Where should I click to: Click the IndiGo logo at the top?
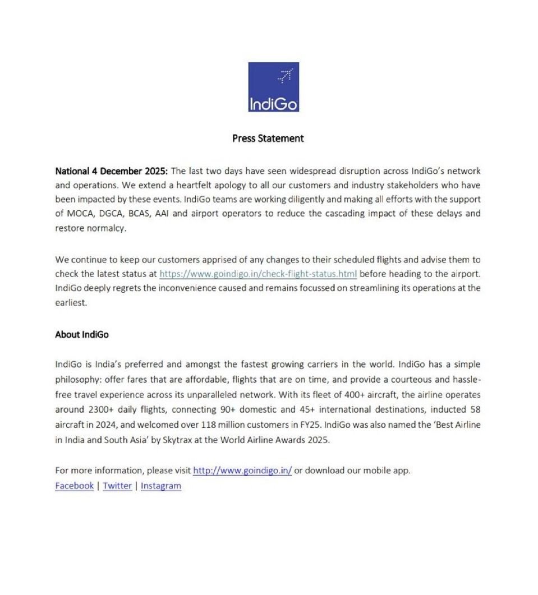click(273, 87)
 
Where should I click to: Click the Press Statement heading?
click(268, 138)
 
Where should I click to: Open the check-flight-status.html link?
click(258, 274)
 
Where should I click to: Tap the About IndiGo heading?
click(82, 334)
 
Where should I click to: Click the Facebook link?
click(74, 486)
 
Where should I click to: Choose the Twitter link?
click(117, 486)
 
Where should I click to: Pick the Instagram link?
click(161, 486)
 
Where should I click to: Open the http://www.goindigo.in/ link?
click(242, 471)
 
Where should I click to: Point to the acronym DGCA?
click(109, 214)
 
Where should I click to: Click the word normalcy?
click(106, 228)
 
